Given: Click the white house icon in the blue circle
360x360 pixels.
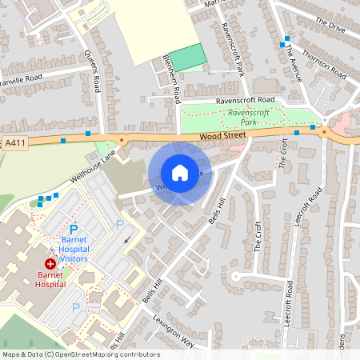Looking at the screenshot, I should pos(180,173).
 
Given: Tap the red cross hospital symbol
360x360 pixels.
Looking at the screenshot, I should pos(50,262).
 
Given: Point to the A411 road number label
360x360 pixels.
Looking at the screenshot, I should pos(14,142).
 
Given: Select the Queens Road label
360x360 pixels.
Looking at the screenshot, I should pos(92,68).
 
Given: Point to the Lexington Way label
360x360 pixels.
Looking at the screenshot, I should pos(174,330).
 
